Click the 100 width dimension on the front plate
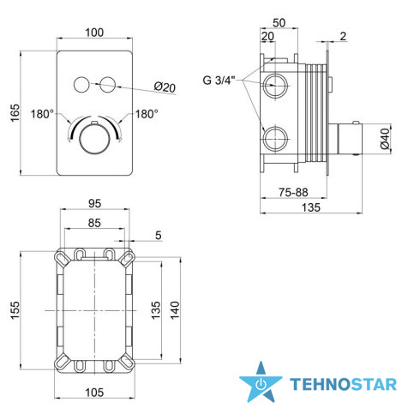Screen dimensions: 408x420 (x=94, y=33)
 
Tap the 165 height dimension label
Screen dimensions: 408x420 (x=15, y=112)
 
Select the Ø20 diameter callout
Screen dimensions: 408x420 (x=165, y=87)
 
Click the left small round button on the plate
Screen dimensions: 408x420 (x=81, y=85)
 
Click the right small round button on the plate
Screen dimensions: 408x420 (x=108, y=85)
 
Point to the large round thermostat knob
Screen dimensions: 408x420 (x=94, y=140)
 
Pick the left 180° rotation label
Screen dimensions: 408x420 (x=42, y=114)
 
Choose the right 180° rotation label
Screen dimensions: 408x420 (x=147, y=114)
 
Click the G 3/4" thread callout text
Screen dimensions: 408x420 (x=219, y=80)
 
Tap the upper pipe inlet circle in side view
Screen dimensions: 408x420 (x=275, y=86)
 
